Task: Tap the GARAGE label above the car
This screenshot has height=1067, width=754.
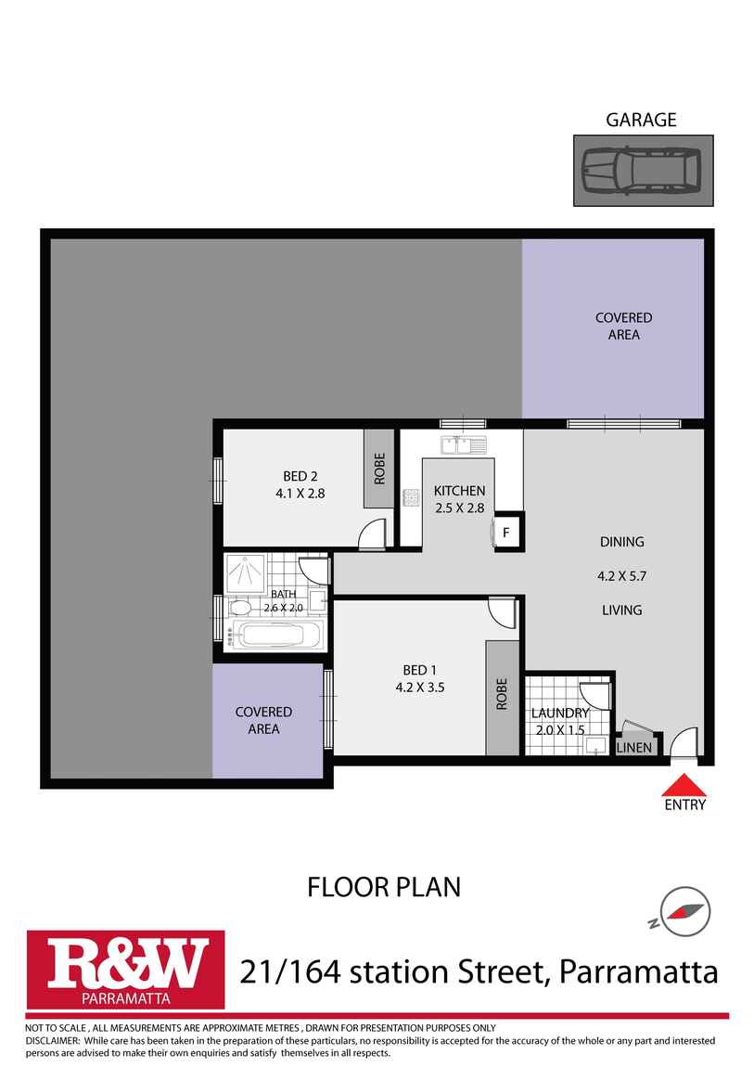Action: (641, 120)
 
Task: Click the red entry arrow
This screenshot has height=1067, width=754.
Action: (684, 785)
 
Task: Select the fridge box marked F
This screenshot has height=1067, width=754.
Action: (506, 533)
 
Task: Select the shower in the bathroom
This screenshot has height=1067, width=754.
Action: (246, 572)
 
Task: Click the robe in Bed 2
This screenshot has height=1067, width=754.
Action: (378, 469)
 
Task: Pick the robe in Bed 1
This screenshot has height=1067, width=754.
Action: (502, 697)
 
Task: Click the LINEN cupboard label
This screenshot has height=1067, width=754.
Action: (635, 747)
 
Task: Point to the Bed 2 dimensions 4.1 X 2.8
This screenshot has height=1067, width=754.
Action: (300, 494)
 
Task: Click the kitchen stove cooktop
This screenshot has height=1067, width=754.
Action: (410, 498)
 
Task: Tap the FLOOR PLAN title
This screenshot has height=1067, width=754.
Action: (384, 887)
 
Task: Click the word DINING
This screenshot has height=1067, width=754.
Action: (621, 542)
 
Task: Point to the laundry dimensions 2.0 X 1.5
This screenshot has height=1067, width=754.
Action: (559, 729)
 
